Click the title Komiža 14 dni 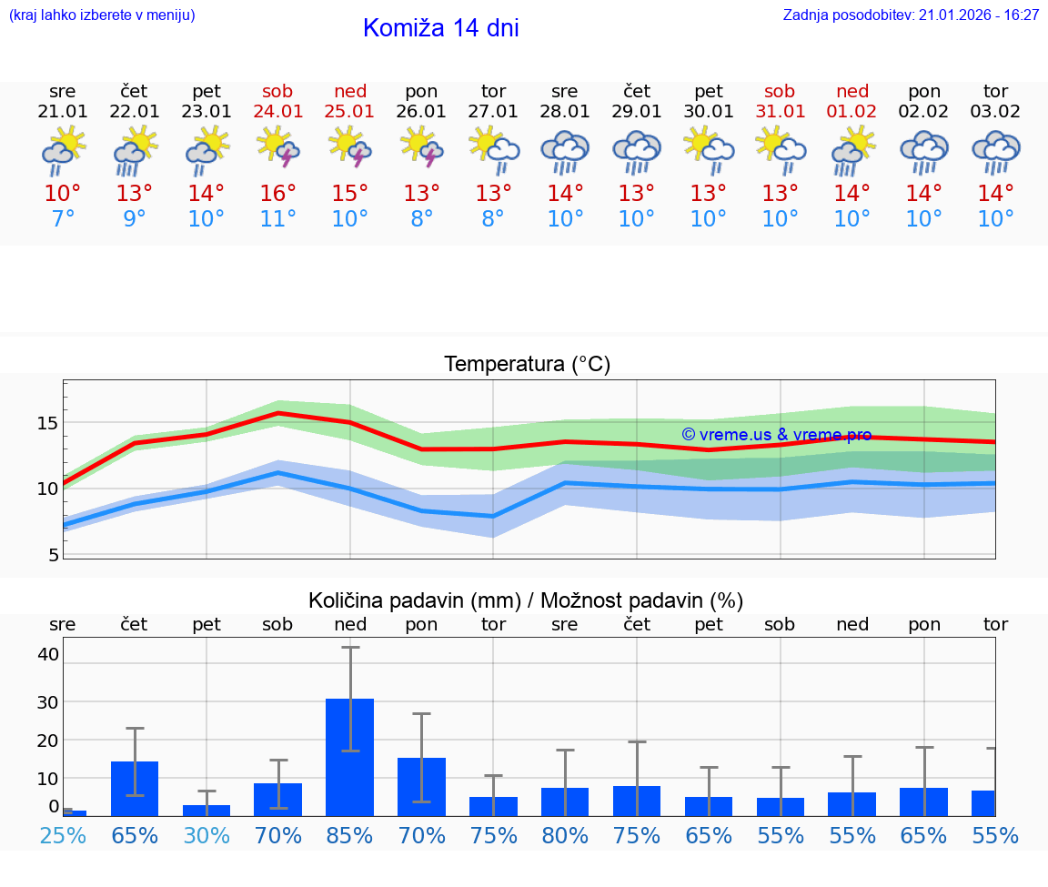[x=440, y=28]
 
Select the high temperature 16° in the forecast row [x=278, y=194]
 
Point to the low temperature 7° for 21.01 [x=63, y=219]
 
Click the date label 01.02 [x=852, y=112]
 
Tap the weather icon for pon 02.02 [x=923, y=151]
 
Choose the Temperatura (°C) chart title [x=527, y=365]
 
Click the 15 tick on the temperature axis [x=48, y=423]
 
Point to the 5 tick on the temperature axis [x=54, y=555]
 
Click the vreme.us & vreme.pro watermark [x=776, y=435]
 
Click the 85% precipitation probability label [x=350, y=835]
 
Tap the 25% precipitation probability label [x=63, y=835]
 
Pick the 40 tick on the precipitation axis [x=48, y=654]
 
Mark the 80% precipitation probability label [x=565, y=835]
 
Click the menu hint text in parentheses [x=102, y=15]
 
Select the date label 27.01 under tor [x=493, y=112]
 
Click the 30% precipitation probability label [x=207, y=835]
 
